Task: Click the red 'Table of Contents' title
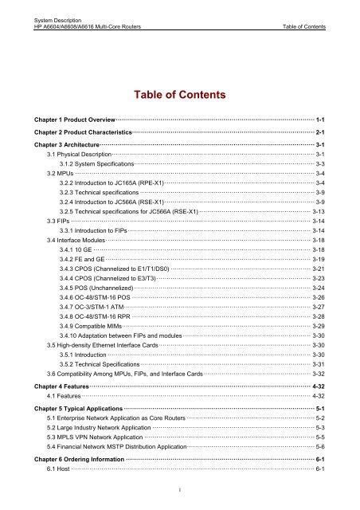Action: point(180,96)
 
